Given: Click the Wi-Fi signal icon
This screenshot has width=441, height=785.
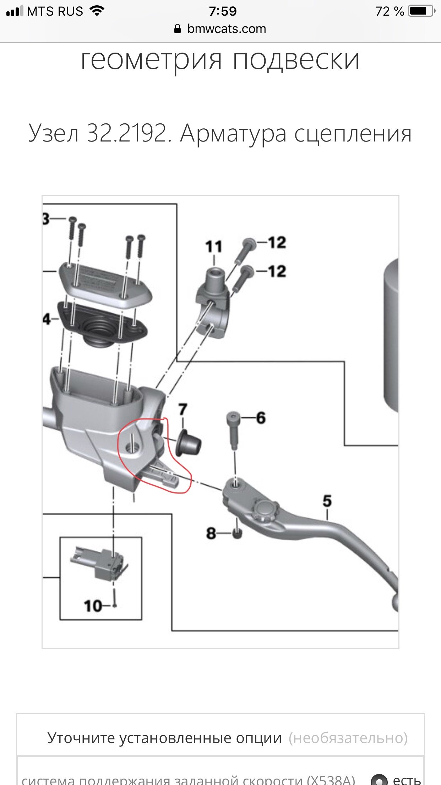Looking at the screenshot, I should [97, 11].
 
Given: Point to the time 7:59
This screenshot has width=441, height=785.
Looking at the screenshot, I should [223, 11].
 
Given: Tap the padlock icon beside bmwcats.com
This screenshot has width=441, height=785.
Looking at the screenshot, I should [178, 29].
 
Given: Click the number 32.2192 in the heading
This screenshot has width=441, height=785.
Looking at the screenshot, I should [127, 134].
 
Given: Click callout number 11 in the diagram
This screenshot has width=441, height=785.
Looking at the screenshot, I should [214, 246].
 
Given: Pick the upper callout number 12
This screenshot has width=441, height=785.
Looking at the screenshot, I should [277, 243].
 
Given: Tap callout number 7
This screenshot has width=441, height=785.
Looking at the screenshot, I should [183, 410].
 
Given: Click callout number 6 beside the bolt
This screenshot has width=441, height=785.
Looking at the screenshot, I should [261, 418].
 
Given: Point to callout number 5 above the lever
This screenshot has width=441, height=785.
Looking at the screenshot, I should [327, 501].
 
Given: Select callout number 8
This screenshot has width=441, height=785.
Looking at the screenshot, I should [211, 533].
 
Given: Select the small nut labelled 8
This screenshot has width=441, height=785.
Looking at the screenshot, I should [237, 534].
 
